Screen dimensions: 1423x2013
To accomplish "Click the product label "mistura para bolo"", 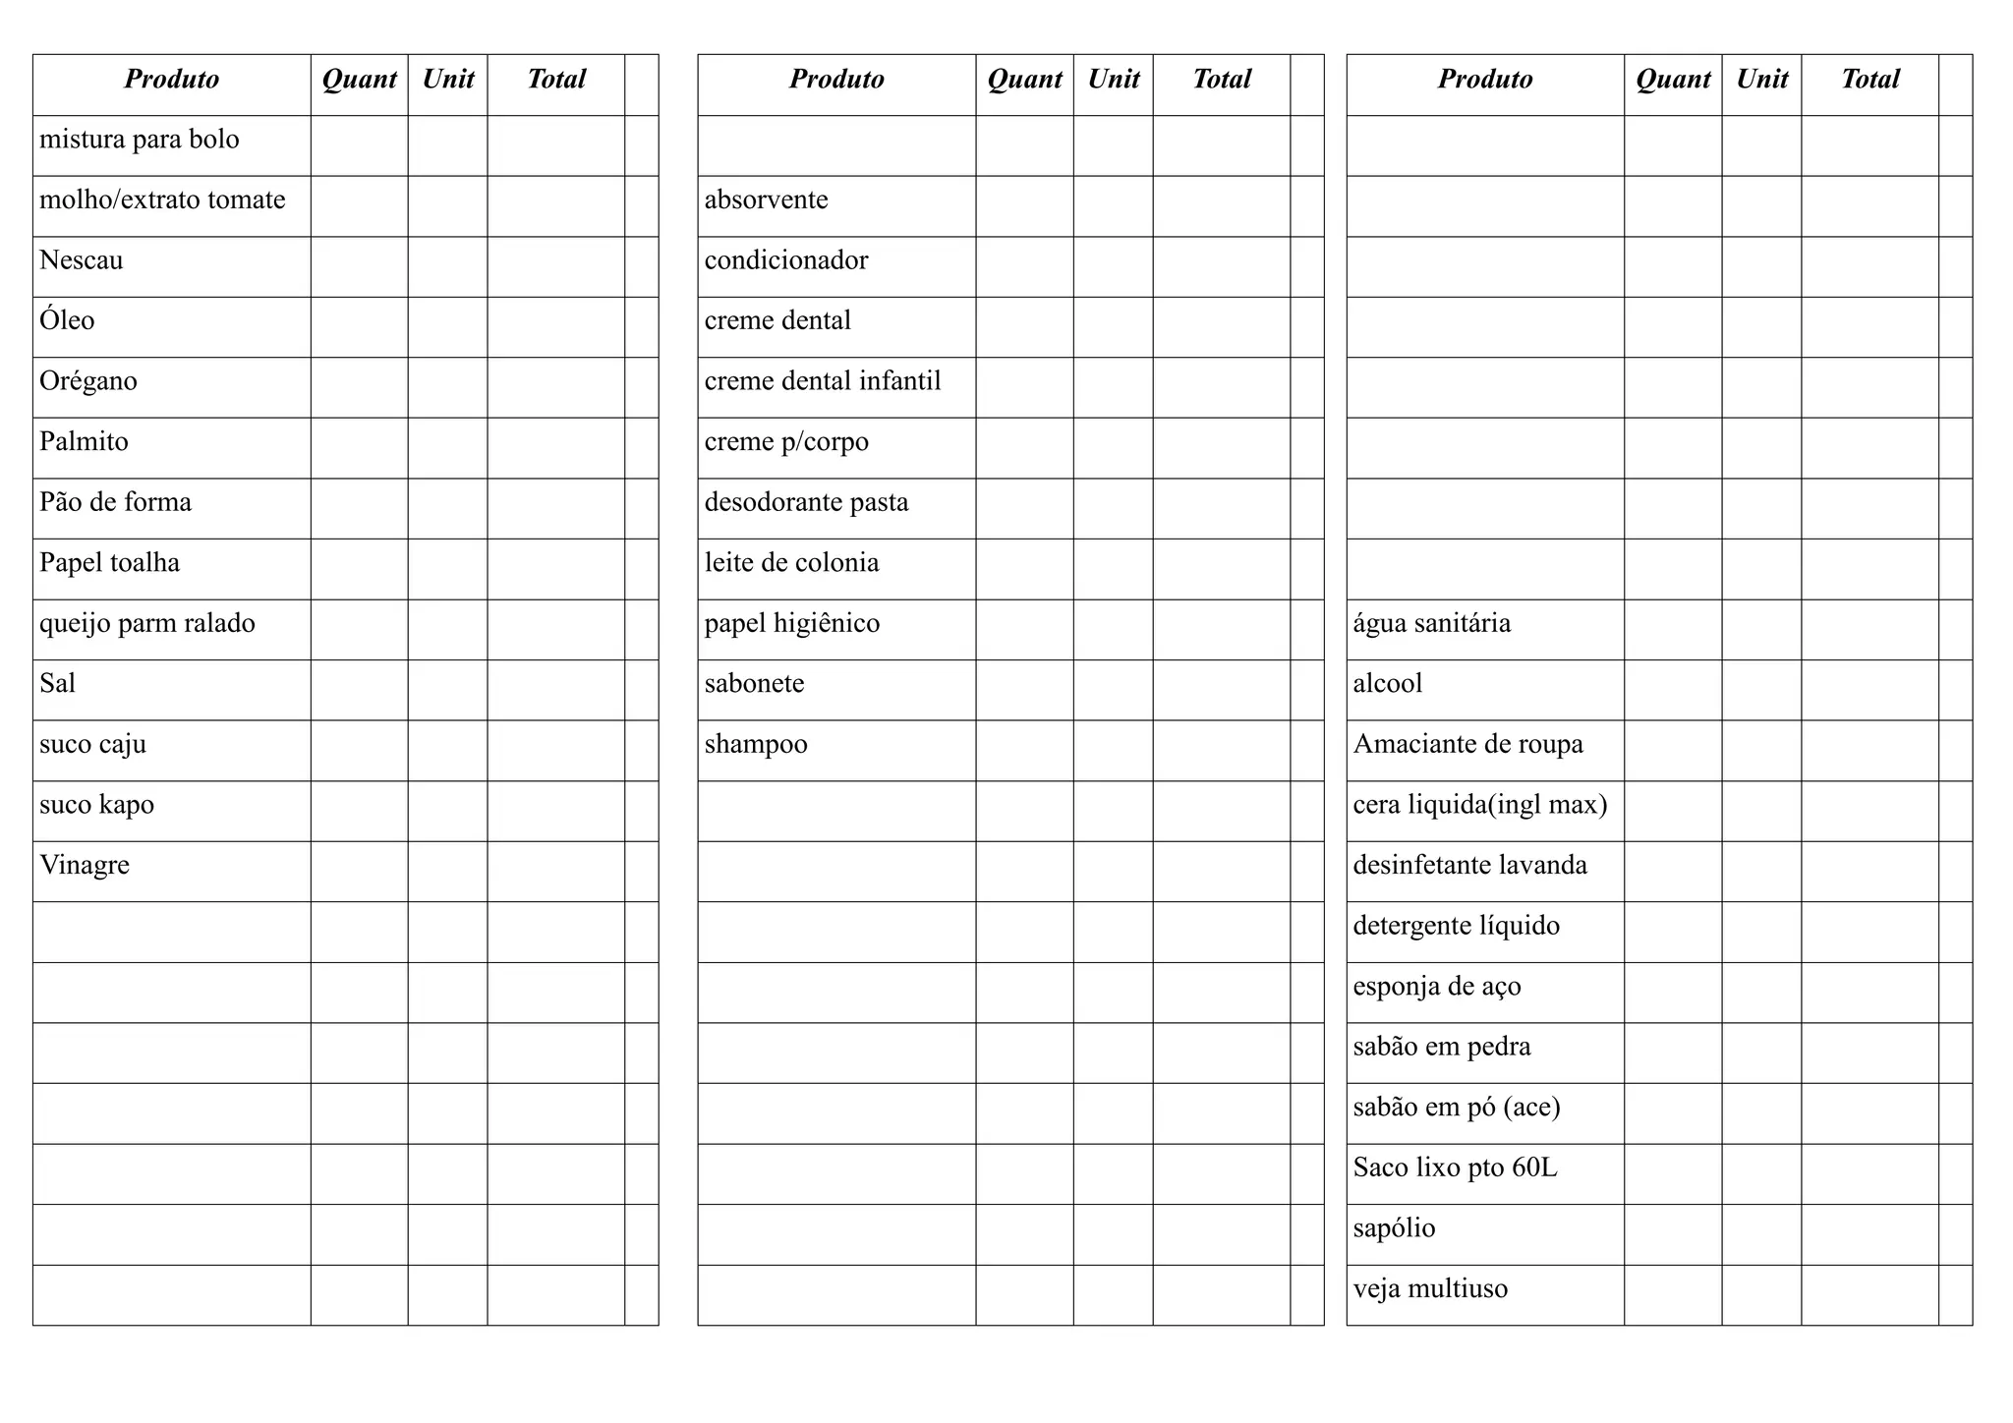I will coord(140,140).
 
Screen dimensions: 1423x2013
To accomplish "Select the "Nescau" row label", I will coord(82,260).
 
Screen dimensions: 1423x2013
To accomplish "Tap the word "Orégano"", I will coord(88,381).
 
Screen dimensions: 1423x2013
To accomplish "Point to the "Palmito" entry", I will coord(85,442).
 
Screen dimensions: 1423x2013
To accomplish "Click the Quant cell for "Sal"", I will coord(359,690).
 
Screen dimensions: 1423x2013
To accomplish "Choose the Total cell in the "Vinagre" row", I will coord(555,872).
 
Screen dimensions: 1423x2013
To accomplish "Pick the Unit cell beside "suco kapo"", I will coord(447,811).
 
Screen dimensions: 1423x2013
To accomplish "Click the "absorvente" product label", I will coord(767,200).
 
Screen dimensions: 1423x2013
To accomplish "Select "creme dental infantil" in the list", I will coord(823,381).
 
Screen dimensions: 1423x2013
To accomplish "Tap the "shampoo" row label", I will coord(756,744).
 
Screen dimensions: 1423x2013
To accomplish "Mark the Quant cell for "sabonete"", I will coord(1024,690).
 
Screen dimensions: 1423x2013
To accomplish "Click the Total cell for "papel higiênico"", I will coord(1221,629).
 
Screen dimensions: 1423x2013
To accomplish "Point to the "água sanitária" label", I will coord(1432,624).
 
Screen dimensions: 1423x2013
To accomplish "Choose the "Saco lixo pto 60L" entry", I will coord(1455,1167).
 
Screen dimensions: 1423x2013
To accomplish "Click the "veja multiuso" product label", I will coord(1430,1288).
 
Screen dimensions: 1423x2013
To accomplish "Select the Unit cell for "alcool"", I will coord(1761,690).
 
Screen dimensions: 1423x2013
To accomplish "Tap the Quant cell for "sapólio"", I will coord(1673,1234).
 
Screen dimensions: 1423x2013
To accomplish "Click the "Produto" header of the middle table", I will coord(836,80).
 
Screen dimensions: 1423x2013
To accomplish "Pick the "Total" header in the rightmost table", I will coord(1869,80).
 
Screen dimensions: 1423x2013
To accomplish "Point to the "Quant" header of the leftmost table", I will coord(359,80).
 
